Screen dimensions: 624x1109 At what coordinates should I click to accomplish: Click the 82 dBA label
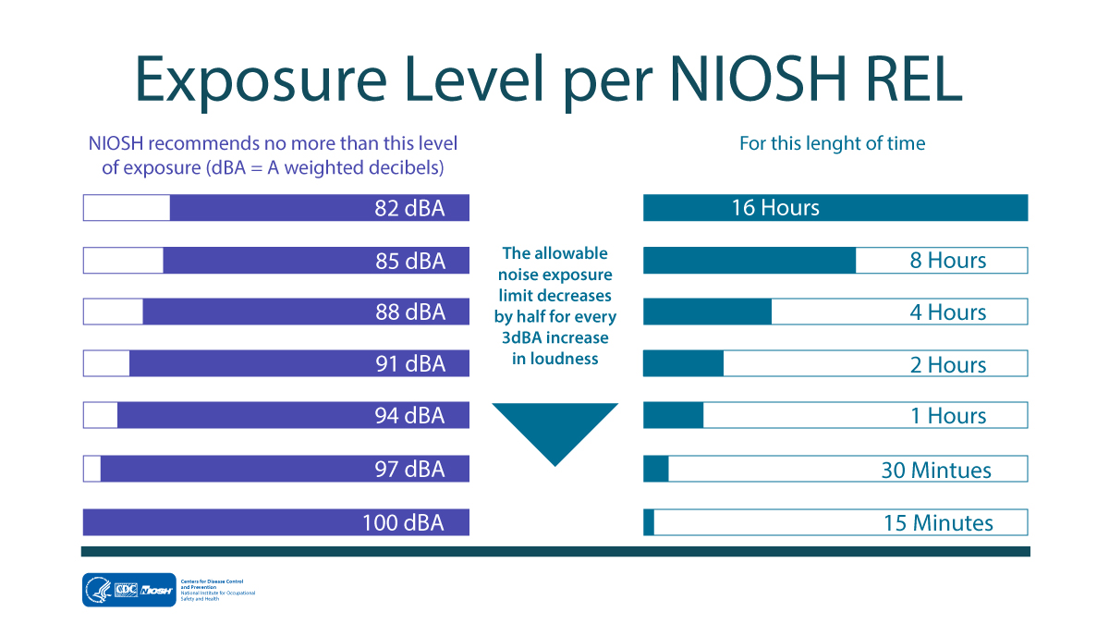coord(409,208)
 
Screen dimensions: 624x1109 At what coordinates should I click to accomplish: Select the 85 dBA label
coord(409,261)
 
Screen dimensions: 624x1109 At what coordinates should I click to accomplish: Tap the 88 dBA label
coord(409,312)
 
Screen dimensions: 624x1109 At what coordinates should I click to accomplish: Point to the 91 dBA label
coord(409,364)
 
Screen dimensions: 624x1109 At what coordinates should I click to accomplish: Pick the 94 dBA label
coord(409,416)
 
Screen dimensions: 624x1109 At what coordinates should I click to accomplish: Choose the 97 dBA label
coord(409,469)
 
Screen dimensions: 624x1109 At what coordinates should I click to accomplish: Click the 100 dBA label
coord(403,522)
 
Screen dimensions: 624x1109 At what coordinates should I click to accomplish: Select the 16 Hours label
coord(775,208)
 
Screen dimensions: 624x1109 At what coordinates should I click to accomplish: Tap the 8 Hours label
coord(948,261)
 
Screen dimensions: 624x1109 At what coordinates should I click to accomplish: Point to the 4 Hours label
coord(948,312)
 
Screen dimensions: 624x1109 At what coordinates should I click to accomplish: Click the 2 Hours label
coord(948,364)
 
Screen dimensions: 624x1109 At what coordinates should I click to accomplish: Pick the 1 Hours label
coord(948,416)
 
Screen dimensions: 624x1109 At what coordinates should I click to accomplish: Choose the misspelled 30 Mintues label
coord(936,471)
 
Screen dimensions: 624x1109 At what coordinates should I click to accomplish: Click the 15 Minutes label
coord(938,522)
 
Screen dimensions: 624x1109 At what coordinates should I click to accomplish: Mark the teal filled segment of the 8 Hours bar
coord(749,261)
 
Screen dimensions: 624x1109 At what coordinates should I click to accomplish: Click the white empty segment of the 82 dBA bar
coord(127,208)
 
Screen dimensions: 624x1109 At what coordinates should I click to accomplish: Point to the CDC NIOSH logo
coord(129,590)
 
